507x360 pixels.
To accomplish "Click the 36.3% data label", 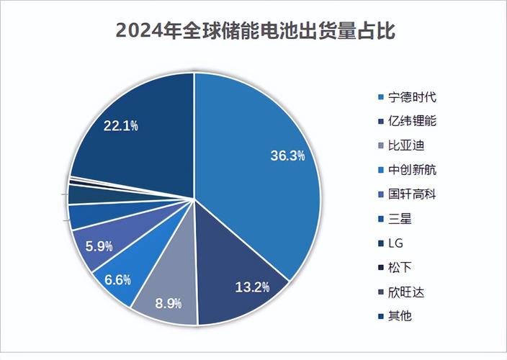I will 287,155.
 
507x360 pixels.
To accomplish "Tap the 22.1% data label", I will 120,125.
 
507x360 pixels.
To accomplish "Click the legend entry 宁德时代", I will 407,96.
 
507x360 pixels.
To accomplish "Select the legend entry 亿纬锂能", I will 407,121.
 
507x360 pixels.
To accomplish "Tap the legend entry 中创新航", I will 407,170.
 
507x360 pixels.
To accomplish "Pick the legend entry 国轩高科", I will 407,194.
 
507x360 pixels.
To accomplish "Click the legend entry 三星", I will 398,219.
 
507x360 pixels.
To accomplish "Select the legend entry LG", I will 395,243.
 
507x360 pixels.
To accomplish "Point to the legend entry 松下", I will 398,268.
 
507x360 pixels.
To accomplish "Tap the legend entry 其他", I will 398,316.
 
